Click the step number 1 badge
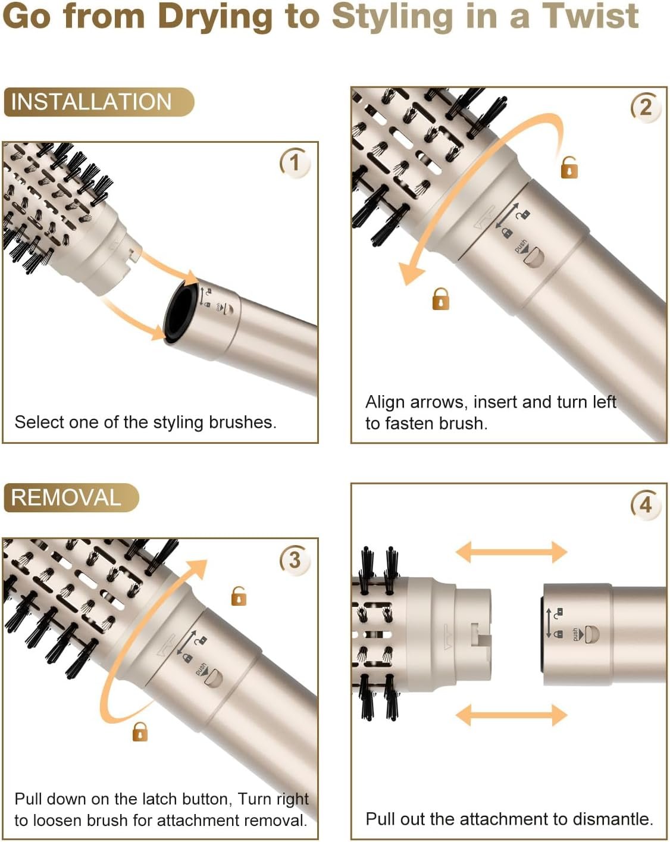click(295, 162)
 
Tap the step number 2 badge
click(646, 108)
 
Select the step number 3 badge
click(295, 560)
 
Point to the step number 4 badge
click(646, 505)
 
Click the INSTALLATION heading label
click(92, 102)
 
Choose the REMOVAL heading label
click(66, 497)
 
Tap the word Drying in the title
click(215, 16)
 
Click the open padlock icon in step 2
click(569, 167)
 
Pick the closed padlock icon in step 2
click(440, 299)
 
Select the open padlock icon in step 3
click(239, 596)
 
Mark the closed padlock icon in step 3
click(140, 731)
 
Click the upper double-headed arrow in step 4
click(511, 552)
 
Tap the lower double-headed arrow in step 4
click(511, 714)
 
